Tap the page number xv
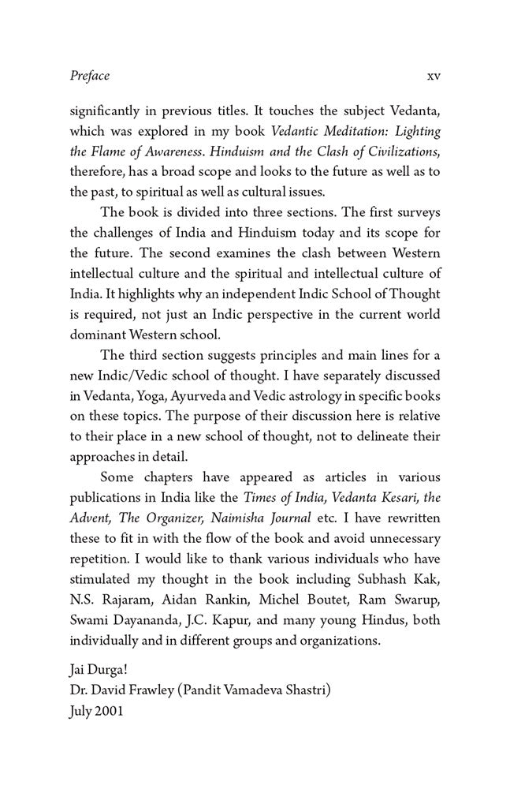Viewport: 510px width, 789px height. [433, 77]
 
